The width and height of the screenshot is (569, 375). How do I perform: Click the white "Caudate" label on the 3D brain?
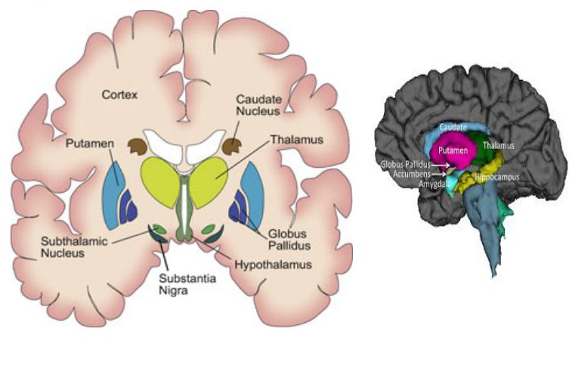[x=452, y=128]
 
